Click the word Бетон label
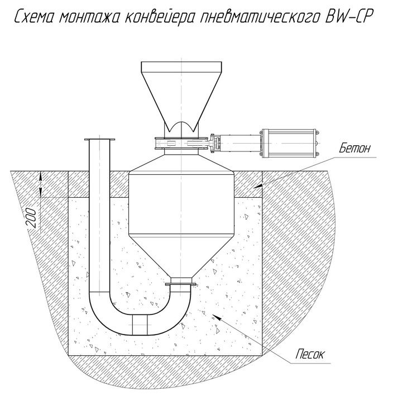click(354, 148)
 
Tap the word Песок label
click(310, 354)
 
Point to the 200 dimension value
click(32, 218)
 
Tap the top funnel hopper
click(181, 97)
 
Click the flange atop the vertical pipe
click(99, 140)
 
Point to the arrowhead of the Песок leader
click(217, 317)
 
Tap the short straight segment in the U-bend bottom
click(140, 325)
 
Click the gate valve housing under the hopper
click(181, 143)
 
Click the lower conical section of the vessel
click(181, 256)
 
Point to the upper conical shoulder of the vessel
click(181, 164)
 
